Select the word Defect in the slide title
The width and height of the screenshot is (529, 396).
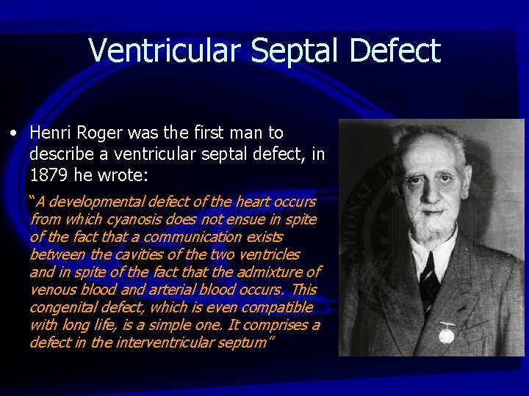(395, 51)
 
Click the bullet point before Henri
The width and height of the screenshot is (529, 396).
(14, 133)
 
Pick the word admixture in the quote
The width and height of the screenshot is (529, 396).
(270, 271)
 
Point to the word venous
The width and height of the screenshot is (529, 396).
(51, 289)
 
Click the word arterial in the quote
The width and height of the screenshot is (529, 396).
(159, 289)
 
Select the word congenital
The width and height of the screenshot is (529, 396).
(63, 307)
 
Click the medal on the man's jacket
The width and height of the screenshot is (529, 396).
(446, 333)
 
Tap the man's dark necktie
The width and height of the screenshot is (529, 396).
(430, 275)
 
